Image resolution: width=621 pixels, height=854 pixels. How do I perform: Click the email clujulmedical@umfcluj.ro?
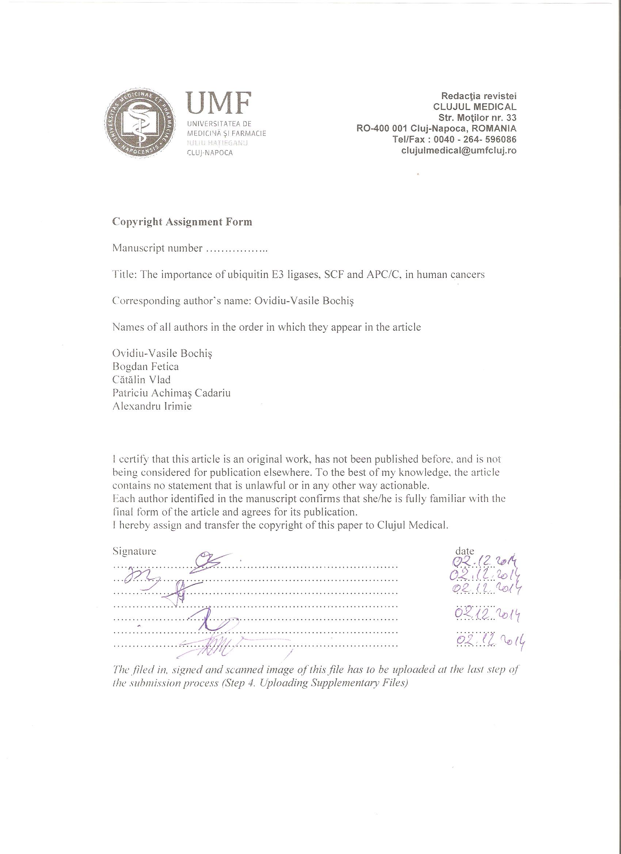(x=459, y=150)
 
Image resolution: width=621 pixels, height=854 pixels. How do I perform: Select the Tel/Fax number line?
(x=454, y=139)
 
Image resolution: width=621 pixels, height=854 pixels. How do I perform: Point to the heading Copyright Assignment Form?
(x=182, y=222)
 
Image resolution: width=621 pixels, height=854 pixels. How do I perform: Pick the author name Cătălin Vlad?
(x=142, y=380)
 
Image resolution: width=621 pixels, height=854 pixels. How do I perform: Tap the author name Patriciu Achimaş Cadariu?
(x=171, y=393)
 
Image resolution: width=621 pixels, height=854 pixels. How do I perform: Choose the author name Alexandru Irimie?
(x=152, y=406)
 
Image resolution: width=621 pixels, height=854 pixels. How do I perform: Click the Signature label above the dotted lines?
(x=134, y=551)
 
